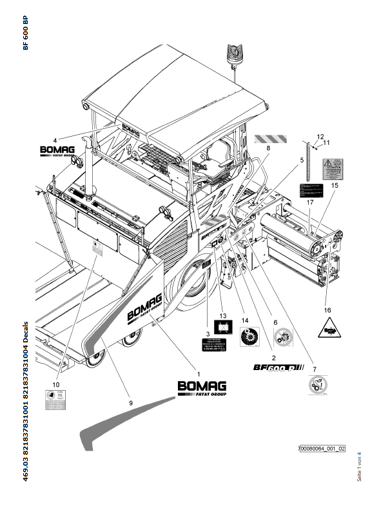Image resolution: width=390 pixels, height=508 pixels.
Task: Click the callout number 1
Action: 198,374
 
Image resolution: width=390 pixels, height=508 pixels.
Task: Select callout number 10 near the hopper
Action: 55,384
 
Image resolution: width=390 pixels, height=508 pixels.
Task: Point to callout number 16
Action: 327,309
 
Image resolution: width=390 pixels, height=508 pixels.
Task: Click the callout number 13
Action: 223,316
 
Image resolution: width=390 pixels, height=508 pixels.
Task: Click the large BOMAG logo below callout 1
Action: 201,387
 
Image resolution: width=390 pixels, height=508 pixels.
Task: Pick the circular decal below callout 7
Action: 315,388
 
